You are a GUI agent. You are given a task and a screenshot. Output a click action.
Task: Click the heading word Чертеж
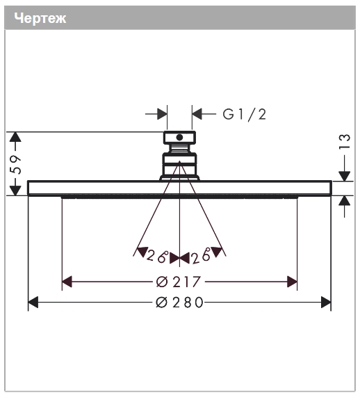coord(40,18)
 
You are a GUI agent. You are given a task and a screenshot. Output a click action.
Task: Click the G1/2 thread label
coord(245,115)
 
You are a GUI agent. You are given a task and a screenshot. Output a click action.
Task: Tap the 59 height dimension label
coord(15,165)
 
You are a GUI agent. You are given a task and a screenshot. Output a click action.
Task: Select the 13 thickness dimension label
coord(345,141)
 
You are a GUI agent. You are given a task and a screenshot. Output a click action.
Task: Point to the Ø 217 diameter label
coord(179,282)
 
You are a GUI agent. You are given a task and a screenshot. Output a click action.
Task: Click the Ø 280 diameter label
coord(179,303)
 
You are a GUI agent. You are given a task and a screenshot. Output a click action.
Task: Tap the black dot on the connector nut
coord(179,137)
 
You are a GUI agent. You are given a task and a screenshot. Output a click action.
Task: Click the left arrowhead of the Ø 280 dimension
coord(33,303)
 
